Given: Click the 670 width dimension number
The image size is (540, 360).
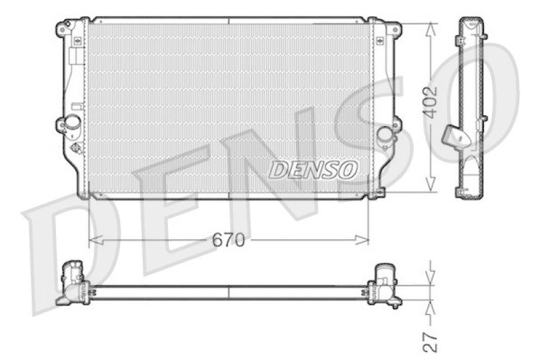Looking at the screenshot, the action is coord(228,240).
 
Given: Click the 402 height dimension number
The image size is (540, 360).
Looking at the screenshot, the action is coord(430,102).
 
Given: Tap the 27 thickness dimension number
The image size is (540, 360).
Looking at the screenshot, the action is coord(430,342).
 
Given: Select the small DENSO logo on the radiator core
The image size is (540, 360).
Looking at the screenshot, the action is coord(313,170).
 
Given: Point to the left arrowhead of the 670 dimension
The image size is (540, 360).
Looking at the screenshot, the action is coord(96,240).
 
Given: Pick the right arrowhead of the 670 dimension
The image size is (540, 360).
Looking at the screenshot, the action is coord(362,240).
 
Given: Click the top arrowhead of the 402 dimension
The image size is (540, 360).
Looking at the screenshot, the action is coord(430,30).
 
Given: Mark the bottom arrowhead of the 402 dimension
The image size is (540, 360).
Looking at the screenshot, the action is coord(430,184).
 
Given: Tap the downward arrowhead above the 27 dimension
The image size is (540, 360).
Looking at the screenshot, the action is coord(430,278).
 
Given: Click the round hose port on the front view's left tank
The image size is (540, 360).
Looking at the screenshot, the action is coord(72,122).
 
